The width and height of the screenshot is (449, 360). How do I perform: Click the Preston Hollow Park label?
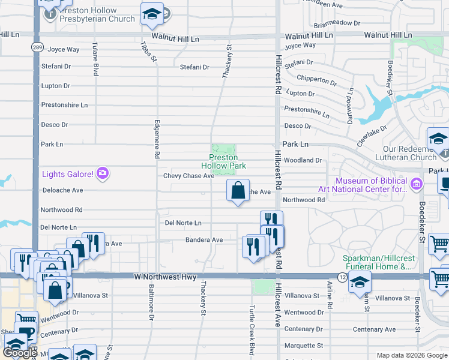(223, 161)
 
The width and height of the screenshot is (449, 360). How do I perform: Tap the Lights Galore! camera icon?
(103, 174)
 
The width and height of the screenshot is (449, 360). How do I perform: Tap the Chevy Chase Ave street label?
(188, 176)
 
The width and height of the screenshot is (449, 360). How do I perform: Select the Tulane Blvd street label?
(95, 62)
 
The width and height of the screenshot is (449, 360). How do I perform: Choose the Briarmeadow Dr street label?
(337, 24)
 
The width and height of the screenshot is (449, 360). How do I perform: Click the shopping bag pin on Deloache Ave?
(238, 191)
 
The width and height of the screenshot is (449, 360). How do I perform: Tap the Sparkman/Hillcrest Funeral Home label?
(377, 262)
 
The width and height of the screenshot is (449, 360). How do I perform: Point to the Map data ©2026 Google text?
(412, 355)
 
